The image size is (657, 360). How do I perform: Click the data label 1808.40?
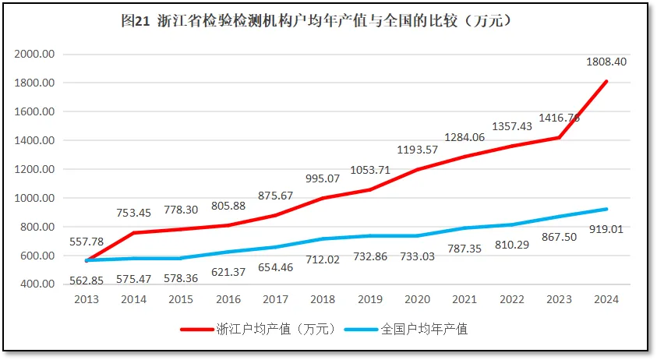point(606,62)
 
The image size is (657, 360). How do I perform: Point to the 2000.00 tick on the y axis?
point(34,55)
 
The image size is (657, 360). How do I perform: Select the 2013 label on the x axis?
point(86,298)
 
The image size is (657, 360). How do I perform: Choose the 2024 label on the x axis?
point(606,298)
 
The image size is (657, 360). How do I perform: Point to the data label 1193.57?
point(417,149)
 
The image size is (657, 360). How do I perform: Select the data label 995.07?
point(323,178)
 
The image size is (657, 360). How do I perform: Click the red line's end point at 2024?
point(606,81)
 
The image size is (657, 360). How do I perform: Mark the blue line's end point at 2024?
point(606,209)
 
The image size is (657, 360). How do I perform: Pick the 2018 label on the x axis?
point(323,298)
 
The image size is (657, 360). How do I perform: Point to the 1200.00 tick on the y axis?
point(34,169)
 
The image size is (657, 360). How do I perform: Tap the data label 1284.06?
point(464,137)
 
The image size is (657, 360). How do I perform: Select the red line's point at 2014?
point(133,232)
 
